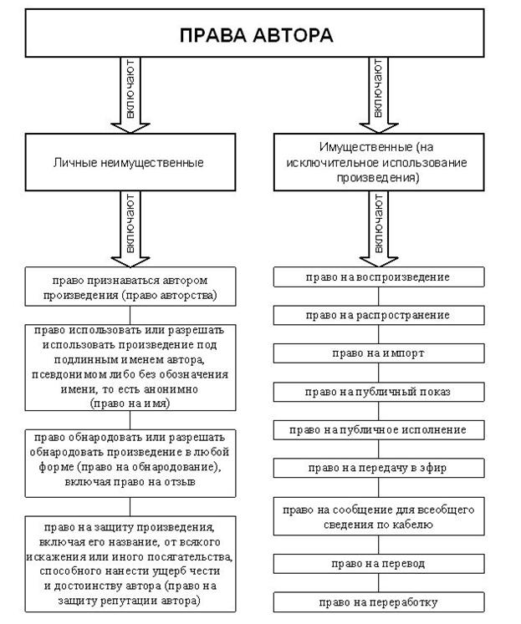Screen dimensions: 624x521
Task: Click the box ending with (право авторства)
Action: point(130,287)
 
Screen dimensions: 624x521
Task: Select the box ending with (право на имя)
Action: point(130,367)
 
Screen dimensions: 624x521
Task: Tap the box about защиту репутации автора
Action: point(130,564)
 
